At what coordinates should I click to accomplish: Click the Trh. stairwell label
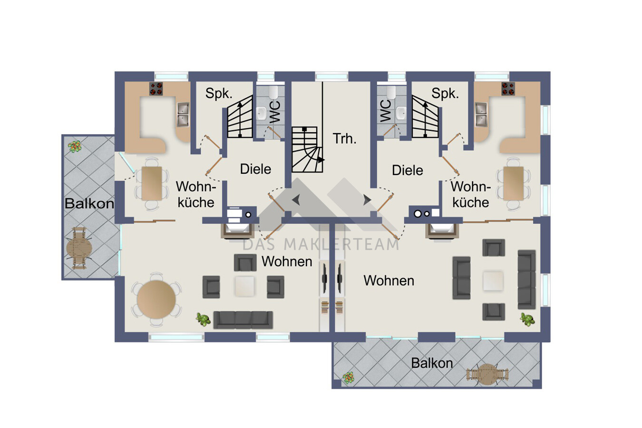[x=344, y=139]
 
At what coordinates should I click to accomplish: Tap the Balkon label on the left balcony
[x=89, y=204]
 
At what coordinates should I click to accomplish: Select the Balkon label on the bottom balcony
[x=432, y=363]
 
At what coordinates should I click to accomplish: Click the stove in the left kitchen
[x=156, y=88]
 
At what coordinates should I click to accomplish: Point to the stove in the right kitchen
[x=508, y=88]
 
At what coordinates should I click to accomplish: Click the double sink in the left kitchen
[x=183, y=115]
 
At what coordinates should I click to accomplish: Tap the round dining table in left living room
[x=156, y=299]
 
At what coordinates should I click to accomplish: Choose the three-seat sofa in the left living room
[x=243, y=320]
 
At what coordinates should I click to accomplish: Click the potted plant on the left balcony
[x=75, y=146]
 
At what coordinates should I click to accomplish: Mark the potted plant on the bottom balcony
[x=348, y=378]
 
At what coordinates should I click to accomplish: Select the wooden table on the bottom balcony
[x=487, y=374]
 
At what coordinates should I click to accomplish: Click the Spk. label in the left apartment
[x=219, y=94]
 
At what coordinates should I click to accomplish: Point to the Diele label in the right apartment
[x=407, y=170]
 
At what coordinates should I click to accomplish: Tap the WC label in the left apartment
[x=275, y=112]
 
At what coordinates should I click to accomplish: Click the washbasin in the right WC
[x=401, y=113]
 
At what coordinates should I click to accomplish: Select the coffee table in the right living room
[x=493, y=281]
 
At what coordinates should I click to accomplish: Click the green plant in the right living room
[x=527, y=320]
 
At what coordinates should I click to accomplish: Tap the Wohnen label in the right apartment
[x=389, y=281]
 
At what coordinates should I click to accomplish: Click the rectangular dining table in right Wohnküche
[x=513, y=184]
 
